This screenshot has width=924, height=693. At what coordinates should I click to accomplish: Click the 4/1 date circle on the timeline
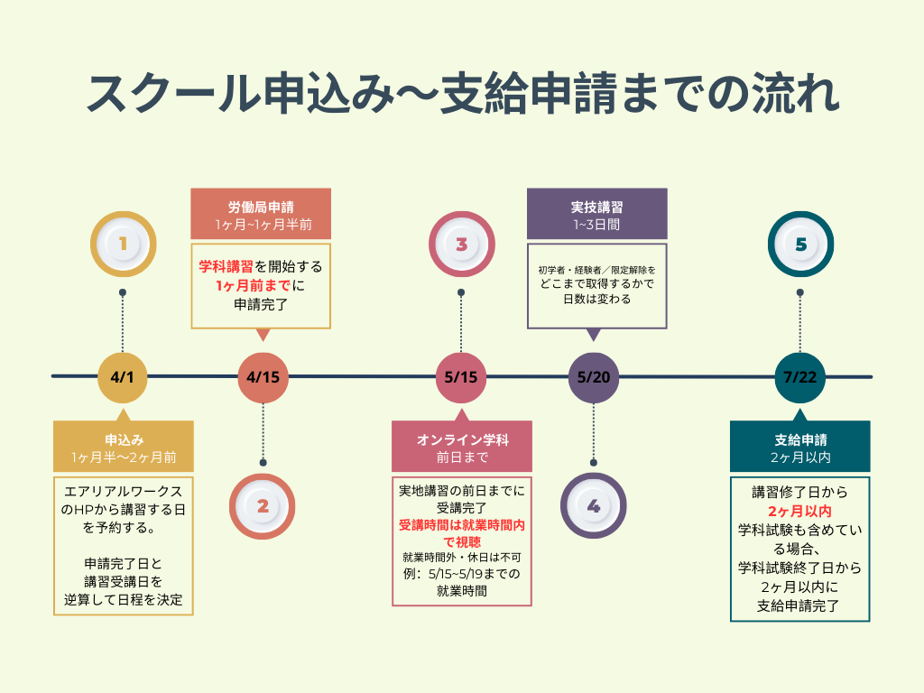coord(122,375)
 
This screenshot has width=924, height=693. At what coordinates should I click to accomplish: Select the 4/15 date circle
coord(263,375)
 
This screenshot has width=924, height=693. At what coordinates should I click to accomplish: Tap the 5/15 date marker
coord(461,375)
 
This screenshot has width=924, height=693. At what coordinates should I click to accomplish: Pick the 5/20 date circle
coord(594,375)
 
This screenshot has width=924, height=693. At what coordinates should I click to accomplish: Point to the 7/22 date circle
coord(800,375)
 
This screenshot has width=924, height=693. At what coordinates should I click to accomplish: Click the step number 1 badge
coord(123,244)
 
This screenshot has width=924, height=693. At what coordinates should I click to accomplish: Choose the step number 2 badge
coord(263,506)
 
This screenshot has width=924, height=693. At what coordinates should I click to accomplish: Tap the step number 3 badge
coord(461,244)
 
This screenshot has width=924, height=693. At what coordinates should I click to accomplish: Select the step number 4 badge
coord(594,506)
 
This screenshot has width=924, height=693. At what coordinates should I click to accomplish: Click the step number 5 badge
coord(800,244)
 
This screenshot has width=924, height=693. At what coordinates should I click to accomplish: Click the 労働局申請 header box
coord(261,215)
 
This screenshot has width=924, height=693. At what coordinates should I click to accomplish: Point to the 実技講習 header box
coord(596,215)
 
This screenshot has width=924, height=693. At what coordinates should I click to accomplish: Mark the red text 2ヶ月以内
coord(799,512)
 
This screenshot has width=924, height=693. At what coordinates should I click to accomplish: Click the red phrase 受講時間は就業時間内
coord(461,525)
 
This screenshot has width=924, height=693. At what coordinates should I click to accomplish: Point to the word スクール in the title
coord(167,94)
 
